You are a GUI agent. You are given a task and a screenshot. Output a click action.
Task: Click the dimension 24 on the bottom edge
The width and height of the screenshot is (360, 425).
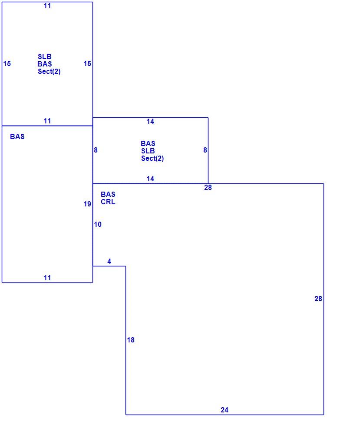(224, 410)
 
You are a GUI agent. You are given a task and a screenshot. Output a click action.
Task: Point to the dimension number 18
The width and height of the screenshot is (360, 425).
(131, 340)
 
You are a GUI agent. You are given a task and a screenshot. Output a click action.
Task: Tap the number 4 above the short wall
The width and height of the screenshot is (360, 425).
(109, 261)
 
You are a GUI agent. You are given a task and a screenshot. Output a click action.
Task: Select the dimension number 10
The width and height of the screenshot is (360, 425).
(98, 224)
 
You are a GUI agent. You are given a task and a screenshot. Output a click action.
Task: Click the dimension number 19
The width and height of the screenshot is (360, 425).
(87, 204)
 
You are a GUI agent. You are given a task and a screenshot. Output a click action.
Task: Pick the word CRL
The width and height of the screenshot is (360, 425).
(108, 202)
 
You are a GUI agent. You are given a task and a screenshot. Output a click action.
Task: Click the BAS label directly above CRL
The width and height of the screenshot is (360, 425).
(108, 194)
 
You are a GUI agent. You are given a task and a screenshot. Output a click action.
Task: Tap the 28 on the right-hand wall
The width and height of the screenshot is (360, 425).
(318, 299)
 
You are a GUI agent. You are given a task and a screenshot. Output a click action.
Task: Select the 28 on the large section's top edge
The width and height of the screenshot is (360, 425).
(208, 188)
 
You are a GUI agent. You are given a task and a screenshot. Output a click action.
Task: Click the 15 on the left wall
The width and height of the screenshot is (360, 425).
(7, 63)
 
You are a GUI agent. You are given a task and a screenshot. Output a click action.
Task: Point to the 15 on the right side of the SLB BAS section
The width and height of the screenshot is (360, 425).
(87, 63)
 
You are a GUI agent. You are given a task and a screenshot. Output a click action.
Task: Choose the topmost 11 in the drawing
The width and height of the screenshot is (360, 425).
(47, 6)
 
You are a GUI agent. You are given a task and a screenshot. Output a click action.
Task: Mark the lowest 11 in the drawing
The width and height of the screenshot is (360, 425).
(47, 278)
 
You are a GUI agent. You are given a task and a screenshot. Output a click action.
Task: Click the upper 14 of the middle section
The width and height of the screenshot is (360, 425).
(150, 121)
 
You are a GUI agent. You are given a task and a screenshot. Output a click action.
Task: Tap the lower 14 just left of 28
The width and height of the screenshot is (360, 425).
(150, 179)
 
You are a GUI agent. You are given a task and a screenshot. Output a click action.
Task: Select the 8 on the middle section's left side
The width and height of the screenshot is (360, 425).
(96, 150)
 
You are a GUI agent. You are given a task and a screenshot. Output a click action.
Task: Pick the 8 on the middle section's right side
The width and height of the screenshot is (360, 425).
(205, 150)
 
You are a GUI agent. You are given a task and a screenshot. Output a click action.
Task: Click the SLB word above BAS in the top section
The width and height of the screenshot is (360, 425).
(45, 56)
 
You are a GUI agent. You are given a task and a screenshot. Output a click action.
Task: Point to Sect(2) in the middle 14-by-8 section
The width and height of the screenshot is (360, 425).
(152, 158)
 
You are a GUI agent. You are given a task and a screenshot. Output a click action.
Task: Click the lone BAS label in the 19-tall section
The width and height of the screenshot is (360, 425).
(17, 136)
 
